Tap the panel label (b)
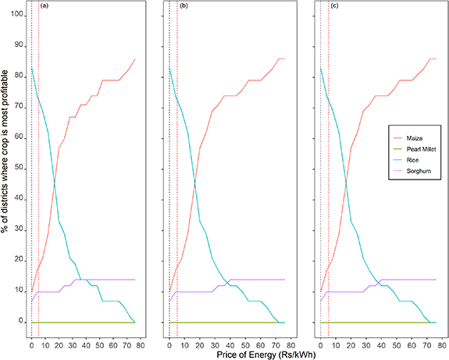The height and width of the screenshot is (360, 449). click(184, 6)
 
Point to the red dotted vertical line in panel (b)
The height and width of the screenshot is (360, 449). click(177, 156)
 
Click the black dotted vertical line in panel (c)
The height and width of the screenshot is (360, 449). click(320, 156)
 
